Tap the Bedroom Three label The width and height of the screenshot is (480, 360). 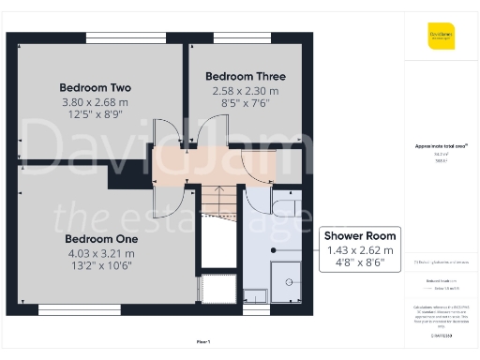pos(246,76)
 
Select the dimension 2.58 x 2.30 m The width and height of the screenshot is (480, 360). pos(246,92)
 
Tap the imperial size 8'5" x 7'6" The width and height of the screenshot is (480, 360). pos(246,105)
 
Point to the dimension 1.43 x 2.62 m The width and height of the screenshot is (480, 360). pos(361,251)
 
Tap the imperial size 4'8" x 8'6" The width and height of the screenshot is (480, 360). pos(361,264)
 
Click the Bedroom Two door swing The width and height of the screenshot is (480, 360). pos(161,141)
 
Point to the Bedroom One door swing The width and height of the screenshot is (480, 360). pos(161,192)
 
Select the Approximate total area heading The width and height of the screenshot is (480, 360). pos(441,145)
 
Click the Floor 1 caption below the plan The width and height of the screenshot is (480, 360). pos(202,341)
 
